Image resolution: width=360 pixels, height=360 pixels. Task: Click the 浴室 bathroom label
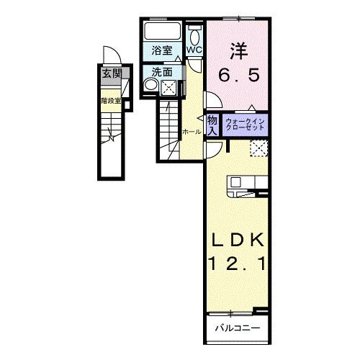point(162,50)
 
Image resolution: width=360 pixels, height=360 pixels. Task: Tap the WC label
point(195,50)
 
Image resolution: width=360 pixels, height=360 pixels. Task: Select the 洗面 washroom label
point(162,72)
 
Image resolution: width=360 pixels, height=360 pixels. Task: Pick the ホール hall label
point(191,132)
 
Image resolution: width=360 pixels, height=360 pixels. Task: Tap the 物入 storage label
point(213,125)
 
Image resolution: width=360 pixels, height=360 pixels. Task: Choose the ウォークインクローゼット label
point(247,124)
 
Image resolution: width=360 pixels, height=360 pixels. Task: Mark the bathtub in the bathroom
point(163,32)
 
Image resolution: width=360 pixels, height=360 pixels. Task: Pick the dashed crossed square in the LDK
point(259,148)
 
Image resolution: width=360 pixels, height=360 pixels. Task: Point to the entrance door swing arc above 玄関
point(109,56)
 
